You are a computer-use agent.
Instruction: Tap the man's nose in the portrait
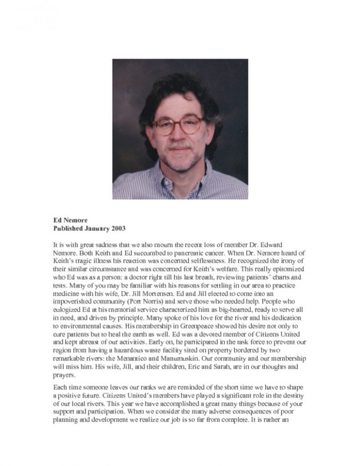pos(180,135)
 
